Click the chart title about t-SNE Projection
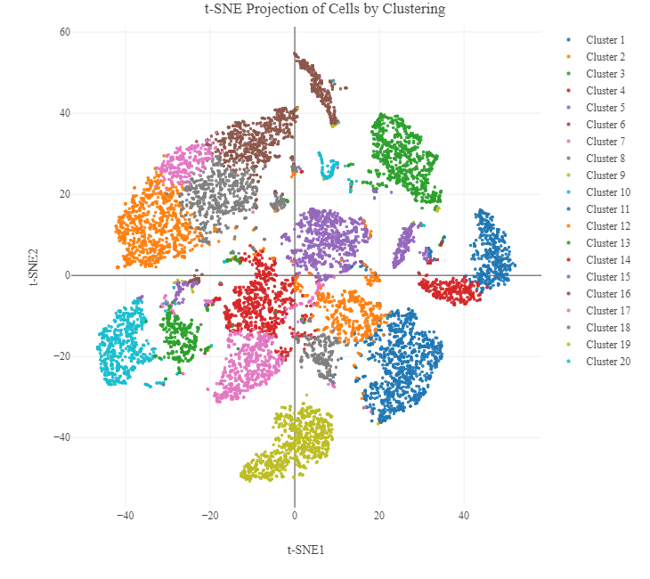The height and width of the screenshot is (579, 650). click(324, 10)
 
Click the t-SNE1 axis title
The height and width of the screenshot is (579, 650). click(305, 550)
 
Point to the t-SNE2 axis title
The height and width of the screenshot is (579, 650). click(35, 265)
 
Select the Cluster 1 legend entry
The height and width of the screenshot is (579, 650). click(605, 40)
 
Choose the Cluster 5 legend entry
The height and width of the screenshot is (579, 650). click(605, 108)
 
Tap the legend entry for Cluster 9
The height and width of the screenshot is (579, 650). click(605, 175)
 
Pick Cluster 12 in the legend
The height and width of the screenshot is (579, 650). click(608, 226)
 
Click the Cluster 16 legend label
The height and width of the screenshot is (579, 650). click(608, 294)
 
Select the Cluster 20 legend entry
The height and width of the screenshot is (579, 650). click(608, 362)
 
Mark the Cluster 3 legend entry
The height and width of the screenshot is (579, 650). click(605, 74)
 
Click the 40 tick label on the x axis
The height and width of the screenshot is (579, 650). click(464, 515)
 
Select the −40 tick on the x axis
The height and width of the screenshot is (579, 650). click(125, 515)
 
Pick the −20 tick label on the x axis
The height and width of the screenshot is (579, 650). click(209, 515)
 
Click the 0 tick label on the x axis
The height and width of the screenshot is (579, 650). click(295, 515)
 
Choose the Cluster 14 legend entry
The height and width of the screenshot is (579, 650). click(608, 260)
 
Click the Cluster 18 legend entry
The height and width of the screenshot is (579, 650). click(608, 328)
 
